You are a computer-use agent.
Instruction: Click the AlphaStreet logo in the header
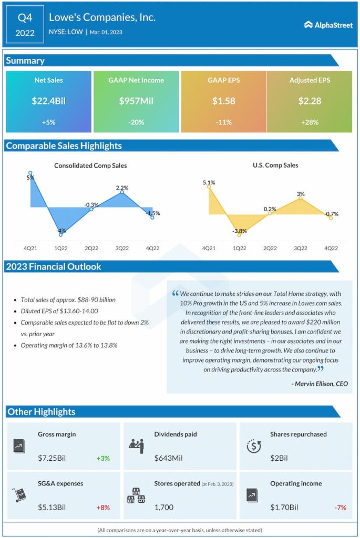coord(328,24)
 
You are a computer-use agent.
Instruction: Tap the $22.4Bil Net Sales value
coord(48,101)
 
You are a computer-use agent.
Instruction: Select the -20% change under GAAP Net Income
coord(136,122)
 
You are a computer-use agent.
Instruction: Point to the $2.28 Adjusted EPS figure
coord(310,101)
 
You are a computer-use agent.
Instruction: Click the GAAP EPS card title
coord(223,80)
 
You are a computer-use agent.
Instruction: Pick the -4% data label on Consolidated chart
coord(61,230)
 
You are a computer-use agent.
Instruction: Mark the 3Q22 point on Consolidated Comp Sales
coord(122,192)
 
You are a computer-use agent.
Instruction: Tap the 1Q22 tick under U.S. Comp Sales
coord(239,248)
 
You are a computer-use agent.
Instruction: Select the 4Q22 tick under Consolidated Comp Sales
coord(152,248)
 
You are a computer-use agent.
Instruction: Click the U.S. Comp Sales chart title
coord(275,165)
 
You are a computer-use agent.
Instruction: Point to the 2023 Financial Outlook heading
coord(54,266)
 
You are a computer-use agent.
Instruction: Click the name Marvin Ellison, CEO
coord(319,384)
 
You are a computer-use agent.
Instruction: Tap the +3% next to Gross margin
coord(103,458)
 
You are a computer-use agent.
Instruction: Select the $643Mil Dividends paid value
coord(168,458)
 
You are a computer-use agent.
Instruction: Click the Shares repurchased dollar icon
coord(254,446)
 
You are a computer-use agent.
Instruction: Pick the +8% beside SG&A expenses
coord(103,508)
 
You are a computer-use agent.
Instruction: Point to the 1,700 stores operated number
coord(163,508)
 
